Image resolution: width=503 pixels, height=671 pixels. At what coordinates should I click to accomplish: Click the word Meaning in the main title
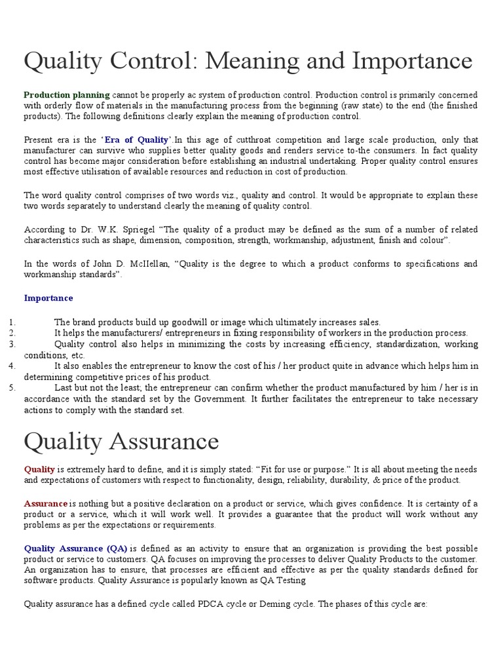242,62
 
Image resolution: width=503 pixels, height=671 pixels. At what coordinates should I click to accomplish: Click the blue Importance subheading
48,298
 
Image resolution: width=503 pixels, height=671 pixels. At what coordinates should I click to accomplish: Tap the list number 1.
12,322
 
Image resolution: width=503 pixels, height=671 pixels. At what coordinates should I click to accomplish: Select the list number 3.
12,344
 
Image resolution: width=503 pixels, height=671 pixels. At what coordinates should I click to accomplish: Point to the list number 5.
12,388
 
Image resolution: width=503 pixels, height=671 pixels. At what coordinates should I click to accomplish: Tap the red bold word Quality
39,470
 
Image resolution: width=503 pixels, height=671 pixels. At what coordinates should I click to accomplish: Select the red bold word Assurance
46,504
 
